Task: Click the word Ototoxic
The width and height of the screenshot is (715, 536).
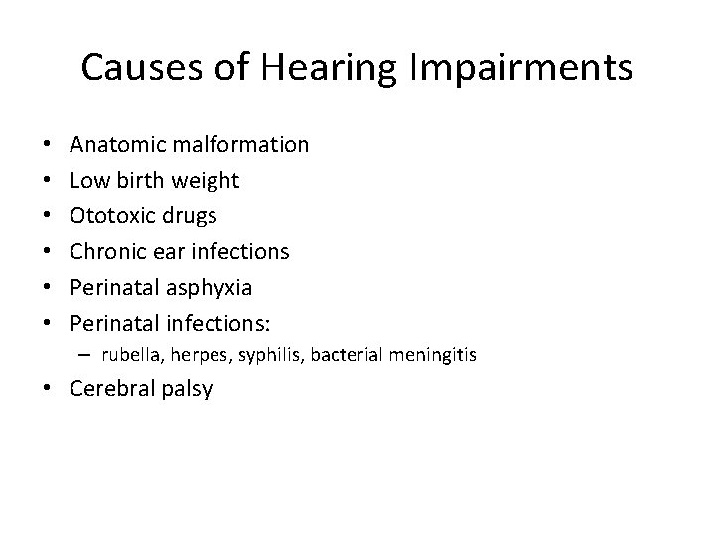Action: [107, 216]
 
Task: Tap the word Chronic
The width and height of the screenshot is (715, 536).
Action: [107, 252]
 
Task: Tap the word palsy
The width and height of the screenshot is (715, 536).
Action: [188, 389]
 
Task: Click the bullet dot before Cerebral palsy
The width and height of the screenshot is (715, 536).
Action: [52, 389]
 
